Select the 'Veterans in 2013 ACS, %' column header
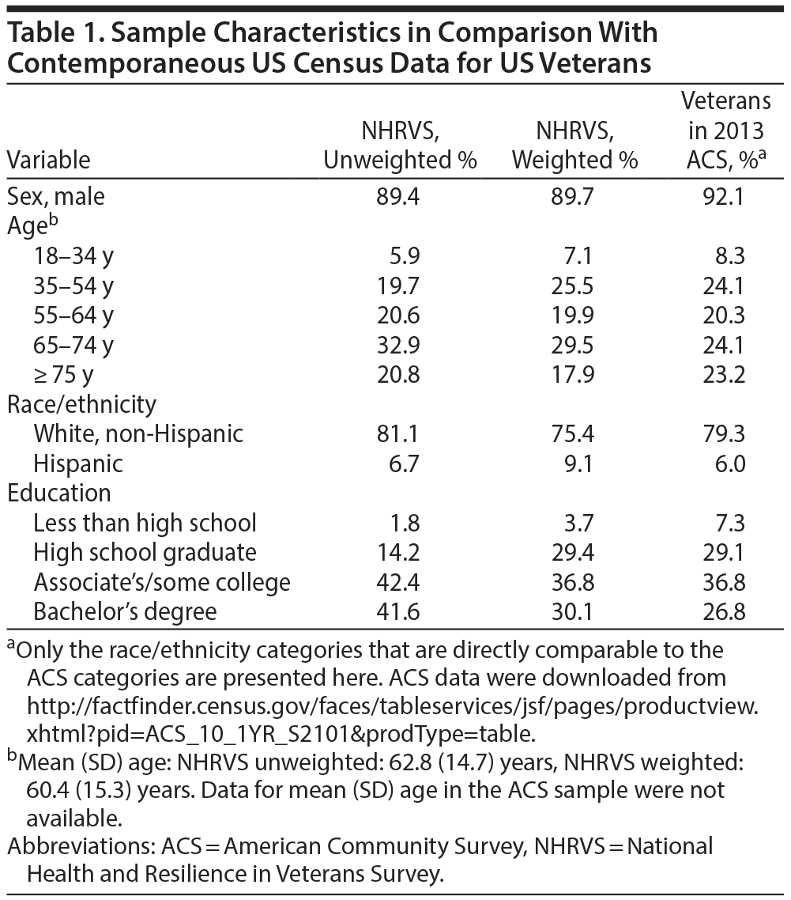pyautogui.click(x=725, y=130)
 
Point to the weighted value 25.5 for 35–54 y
pyautogui.click(x=574, y=285)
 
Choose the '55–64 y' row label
pyautogui.click(x=73, y=315)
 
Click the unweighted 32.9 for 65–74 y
pyautogui.click(x=400, y=344)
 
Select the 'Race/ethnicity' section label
pyautogui.click(x=81, y=404)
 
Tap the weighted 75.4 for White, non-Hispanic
pyautogui.click(x=574, y=433)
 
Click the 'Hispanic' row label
pyautogui.click(x=78, y=463)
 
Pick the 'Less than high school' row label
pyautogui.click(x=145, y=523)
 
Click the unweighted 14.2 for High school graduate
pyautogui.click(x=400, y=552)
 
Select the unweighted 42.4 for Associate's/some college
pyautogui.click(x=400, y=582)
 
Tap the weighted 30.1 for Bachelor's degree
pyautogui.click(x=574, y=611)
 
